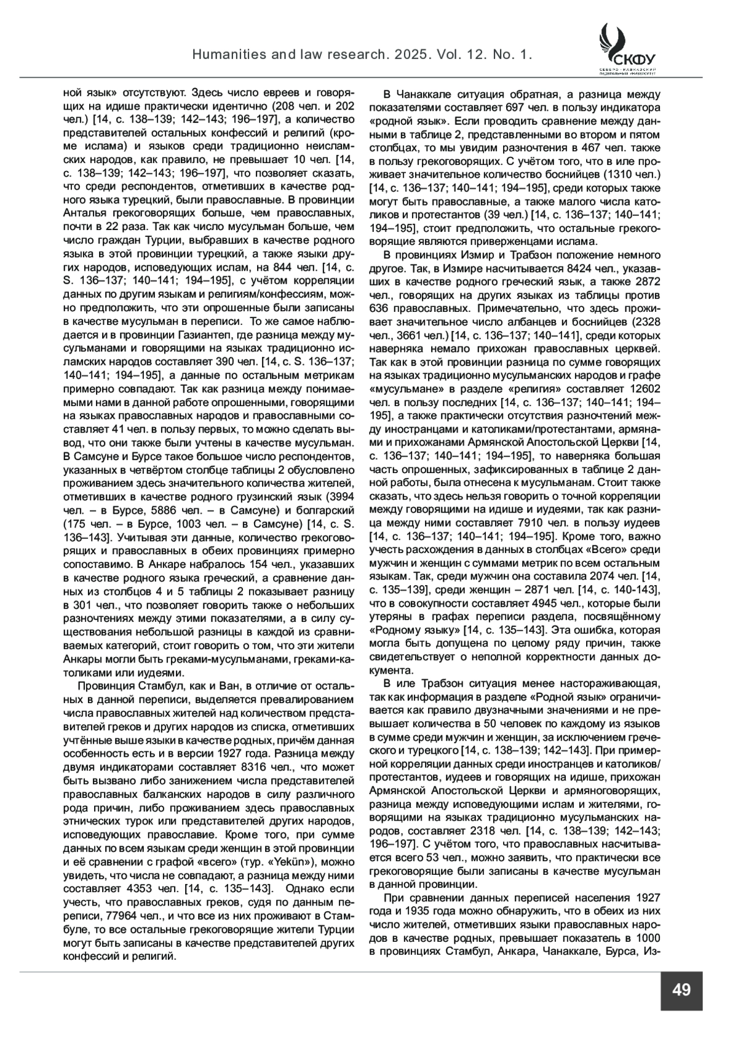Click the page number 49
(x=681, y=990)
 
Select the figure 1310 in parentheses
(x=627, y=175)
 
